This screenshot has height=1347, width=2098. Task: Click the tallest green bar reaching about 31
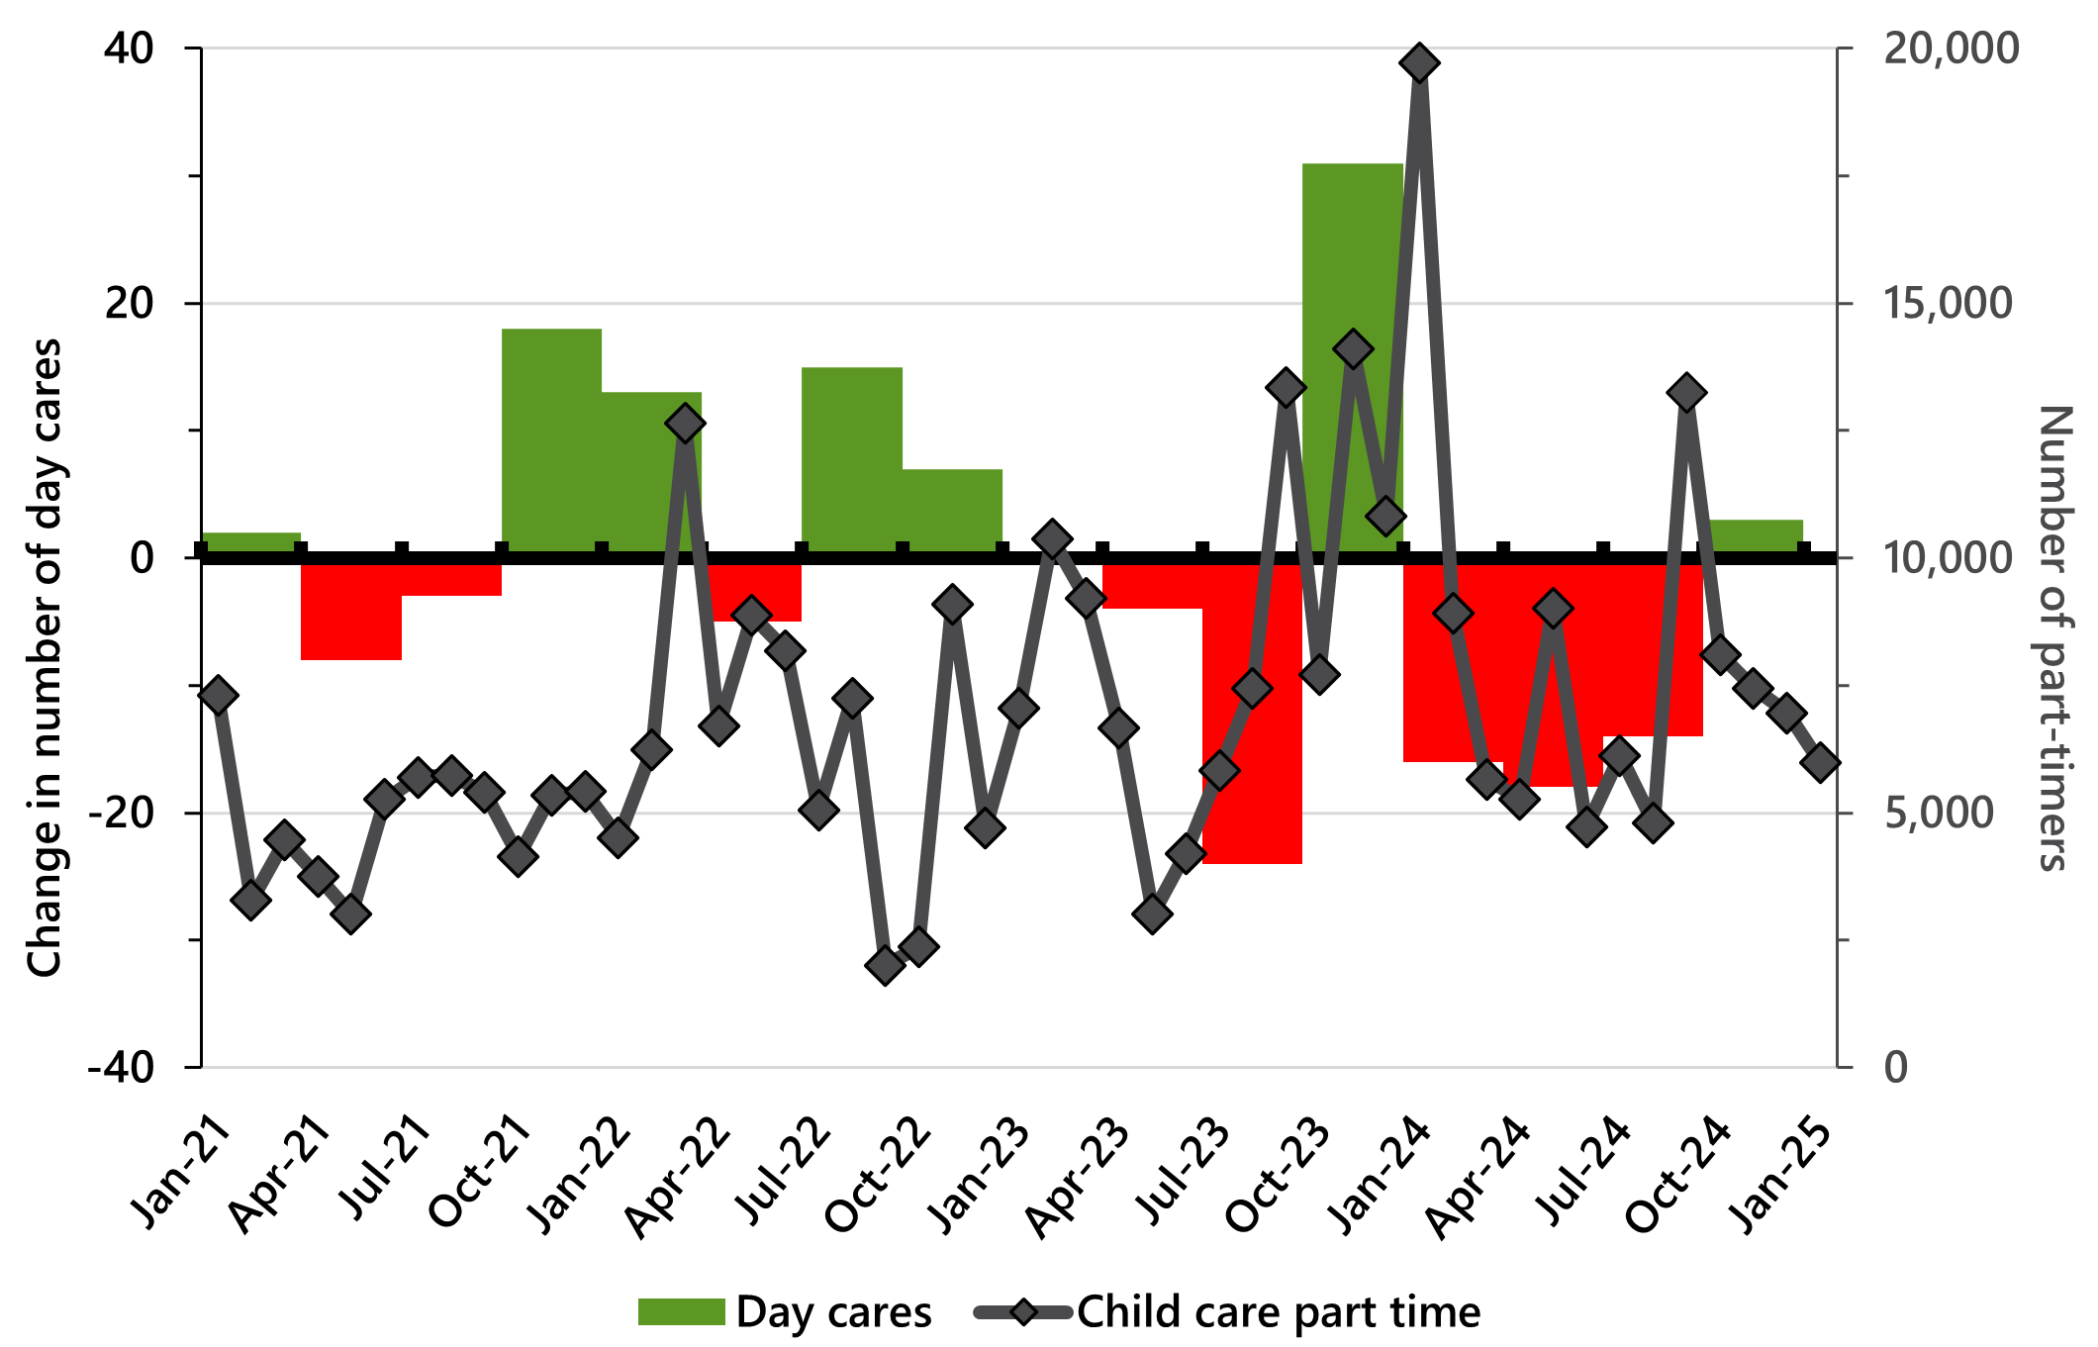pos(1352,356)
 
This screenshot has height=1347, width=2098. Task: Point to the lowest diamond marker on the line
pos(885,965)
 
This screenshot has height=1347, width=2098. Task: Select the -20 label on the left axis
pos(122,813)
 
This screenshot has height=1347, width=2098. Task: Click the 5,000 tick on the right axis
pos(1939,813)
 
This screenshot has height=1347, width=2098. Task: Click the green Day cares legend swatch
pos(681,1312)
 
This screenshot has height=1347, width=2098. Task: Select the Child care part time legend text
pos(1279,1312)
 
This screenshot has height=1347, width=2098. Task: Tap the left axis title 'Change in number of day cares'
pos(45,658)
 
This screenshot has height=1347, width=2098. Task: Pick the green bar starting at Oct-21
pos(551,440)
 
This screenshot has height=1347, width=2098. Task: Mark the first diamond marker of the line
pos(218,696)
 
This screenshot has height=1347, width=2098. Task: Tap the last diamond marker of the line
pos(1820,762)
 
